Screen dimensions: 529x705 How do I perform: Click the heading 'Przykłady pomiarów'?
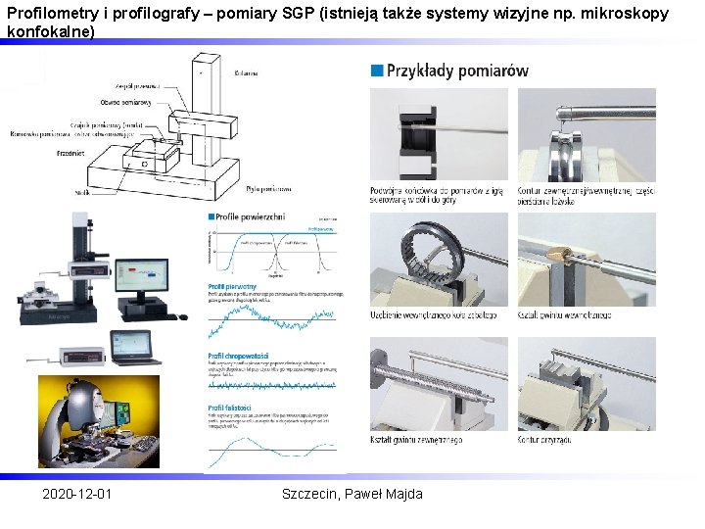point(456,71)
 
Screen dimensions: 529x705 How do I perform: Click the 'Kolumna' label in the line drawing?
point(246,72)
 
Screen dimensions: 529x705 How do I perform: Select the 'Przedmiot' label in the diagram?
point(70,153)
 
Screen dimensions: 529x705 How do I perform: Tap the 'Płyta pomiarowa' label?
point(268,188)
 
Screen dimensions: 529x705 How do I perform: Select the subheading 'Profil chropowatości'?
point(239,356)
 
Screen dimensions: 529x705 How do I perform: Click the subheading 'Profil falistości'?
point(231,407)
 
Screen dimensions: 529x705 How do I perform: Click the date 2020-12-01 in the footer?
point(76,494)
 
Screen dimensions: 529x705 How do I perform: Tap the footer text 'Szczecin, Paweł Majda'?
point(352,494)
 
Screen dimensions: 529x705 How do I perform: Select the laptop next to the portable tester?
point(135,349)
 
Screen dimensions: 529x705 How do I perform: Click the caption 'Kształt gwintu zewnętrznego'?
point(416,440)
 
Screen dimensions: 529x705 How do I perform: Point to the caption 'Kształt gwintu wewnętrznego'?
point(564,314)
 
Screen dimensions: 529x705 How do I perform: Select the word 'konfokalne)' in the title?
point(51,31)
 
